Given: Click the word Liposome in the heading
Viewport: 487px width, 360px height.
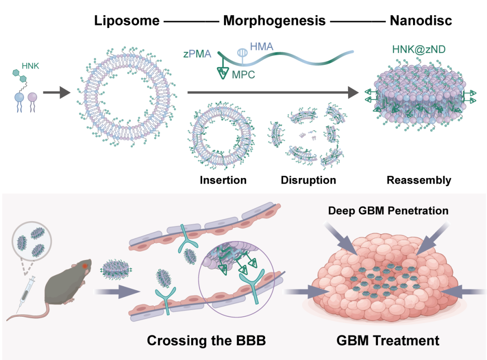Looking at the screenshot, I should tap(127, 21).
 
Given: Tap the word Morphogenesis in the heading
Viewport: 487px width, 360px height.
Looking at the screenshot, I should tap(274, 21).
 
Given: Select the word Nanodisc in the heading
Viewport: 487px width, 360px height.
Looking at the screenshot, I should tap(421, 21).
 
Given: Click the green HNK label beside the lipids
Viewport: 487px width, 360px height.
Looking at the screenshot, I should tap(31, 66).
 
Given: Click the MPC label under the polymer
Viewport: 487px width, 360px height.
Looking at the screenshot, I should tap(243, 74).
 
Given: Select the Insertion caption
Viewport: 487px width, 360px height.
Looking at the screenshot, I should tap(223, 181).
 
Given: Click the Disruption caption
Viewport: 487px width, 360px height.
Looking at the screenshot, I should tap(308, 181).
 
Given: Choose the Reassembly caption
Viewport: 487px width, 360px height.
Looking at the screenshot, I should tap(419, 181).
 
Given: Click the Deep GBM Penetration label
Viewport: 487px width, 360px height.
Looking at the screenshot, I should tap(388, 210).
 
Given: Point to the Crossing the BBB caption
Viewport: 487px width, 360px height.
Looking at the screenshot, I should tap(206, 340).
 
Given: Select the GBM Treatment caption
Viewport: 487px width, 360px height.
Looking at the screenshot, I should tap(388, 340).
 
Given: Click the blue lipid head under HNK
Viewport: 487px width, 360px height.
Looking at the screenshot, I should tap(19, 97).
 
